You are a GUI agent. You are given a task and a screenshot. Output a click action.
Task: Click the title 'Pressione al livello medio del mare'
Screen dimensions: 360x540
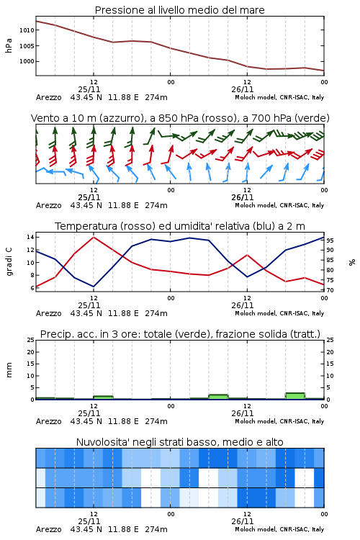coord(179,10)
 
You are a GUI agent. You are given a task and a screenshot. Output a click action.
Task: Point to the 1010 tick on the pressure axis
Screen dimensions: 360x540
coord(27,30)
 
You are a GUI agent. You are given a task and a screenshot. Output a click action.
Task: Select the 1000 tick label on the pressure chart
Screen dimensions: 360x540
coord(27,61)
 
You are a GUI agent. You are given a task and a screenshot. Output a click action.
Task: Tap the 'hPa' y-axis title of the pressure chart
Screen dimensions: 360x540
coord(9,45)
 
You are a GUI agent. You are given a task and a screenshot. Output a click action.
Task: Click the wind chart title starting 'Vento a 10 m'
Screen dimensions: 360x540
coord(180,118)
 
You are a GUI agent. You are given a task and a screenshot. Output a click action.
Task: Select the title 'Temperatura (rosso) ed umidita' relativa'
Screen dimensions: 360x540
coord(180,226)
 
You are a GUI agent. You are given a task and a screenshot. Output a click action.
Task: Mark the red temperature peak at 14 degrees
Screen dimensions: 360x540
coord(94,237)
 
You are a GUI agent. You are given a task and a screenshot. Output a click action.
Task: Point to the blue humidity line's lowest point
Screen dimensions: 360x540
coord(94,287)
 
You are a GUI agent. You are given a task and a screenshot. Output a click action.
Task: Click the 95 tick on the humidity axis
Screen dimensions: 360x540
coord(330,240)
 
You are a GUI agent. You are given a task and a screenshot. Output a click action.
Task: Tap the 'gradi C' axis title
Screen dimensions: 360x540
coord(9,261)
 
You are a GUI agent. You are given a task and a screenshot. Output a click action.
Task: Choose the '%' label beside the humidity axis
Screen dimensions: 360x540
coord(352,262)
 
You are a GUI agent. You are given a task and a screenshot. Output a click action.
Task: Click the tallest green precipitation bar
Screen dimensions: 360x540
coord(295,396)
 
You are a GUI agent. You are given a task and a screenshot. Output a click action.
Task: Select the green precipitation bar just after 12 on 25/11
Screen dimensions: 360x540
coord(104,397)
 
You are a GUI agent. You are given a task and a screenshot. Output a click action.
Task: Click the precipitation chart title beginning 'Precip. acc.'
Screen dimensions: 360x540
coord(180,334)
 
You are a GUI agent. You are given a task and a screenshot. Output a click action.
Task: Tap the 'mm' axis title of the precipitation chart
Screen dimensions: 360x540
coord(9,370)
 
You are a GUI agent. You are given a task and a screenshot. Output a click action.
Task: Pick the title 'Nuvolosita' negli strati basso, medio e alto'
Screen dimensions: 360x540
coord(179,442)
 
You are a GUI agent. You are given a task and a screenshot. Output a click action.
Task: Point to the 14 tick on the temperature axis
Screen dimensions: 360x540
coord(30,237)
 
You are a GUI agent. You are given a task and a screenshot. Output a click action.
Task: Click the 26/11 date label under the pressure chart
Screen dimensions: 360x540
coord(243,89)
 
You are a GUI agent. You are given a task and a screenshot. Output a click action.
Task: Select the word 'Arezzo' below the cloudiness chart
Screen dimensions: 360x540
coord(48,529)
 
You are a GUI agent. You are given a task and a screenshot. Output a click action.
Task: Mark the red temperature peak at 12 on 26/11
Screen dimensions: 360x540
coord(247,255)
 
